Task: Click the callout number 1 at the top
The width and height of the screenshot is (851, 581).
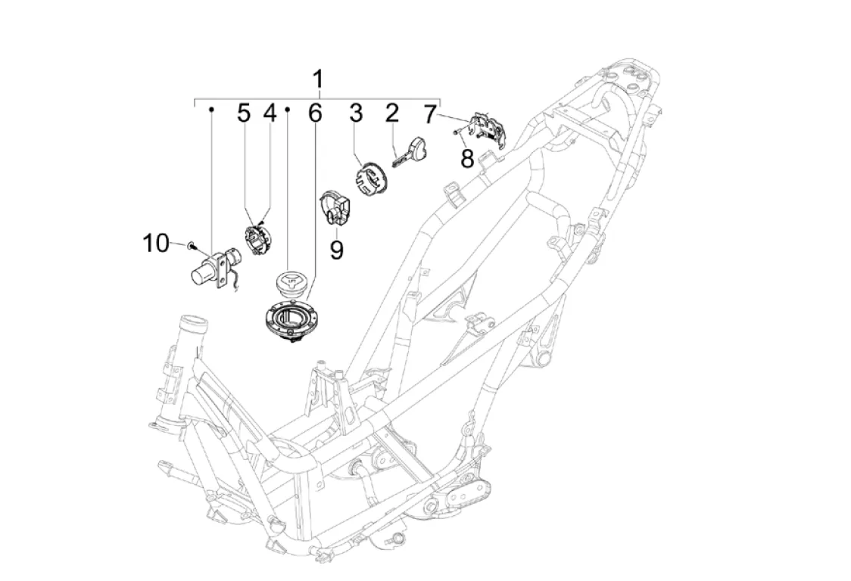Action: [x=318, y=79]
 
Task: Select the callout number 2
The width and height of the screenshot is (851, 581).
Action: [x=392, y=113]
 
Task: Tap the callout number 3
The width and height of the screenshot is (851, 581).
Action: [x=356, y=113]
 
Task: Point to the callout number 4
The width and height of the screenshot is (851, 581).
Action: [x=270, y=113]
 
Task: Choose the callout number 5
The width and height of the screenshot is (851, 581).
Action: [x=245, y=113]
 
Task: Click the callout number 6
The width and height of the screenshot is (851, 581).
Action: [x=315, y=113]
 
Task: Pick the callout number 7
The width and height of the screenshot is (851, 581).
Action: [x=429, y=114]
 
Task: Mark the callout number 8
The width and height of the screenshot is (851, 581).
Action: [x=467, y=159]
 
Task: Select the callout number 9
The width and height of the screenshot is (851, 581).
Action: [x=337, y=250]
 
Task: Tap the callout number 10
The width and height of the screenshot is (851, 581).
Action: [x=156, y=243]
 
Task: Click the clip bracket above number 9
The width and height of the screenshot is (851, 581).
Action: [x=335, y=207]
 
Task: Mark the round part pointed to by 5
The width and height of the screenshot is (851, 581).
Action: [x=257, y=239]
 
